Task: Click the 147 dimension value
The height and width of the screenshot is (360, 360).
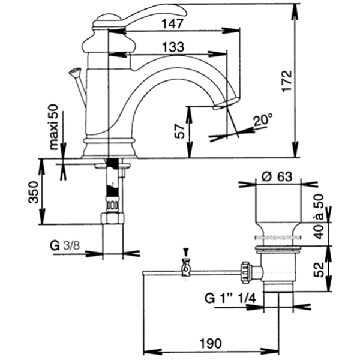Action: pyautogui.click(x=173, y=23)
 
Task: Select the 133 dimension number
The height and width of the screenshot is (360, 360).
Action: pyautogui.click(x=173, y=47)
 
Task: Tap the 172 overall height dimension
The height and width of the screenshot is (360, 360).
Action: pyautogui.click(x=287, y=81)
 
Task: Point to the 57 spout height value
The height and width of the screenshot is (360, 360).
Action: pyautogui.click(x=179, y=131)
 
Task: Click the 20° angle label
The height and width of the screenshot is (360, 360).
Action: pyautogui.click(x=263, y=119)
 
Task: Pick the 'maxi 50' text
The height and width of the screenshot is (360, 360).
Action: pyautogui.click(x=54, y=127)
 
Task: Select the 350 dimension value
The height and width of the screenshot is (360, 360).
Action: pyautogui.click(x=33, y=193)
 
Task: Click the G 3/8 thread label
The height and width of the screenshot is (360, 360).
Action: pyautogui.click(x=65, y=246)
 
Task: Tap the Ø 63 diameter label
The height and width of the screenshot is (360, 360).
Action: pyautogui.click(x=277, y=177)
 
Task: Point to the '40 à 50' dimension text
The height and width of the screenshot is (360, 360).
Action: pyautogui.click(x=319, y=217)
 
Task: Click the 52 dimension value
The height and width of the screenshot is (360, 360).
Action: pyautogui.click(x=319, y=269)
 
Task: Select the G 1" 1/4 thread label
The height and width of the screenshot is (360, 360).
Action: pyautogui.click(x=230, y=299)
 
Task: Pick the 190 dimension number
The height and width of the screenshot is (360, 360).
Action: pyautogui.click(x=211, y=343)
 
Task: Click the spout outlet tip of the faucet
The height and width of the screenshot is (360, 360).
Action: pyautogui.click(x=226, y=104)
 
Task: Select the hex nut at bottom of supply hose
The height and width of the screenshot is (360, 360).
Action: pyautogui.click(x=112, y=218)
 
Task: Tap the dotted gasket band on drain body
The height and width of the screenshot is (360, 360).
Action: pyautogui.click(x=278, y=238)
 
